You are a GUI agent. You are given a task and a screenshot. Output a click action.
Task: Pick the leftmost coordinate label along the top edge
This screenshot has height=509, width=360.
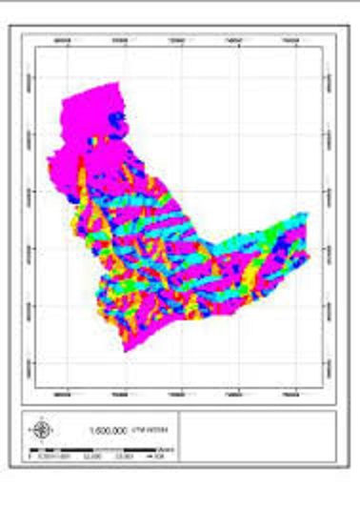click(64, 40)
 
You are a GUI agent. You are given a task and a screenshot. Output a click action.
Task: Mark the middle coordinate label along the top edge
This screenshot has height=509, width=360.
click(178, 40)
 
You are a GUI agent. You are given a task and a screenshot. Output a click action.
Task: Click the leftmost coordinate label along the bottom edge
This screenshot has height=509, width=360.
click(64, 393)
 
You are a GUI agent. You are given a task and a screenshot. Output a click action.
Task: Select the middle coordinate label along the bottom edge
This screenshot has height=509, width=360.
click(178, 393)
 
